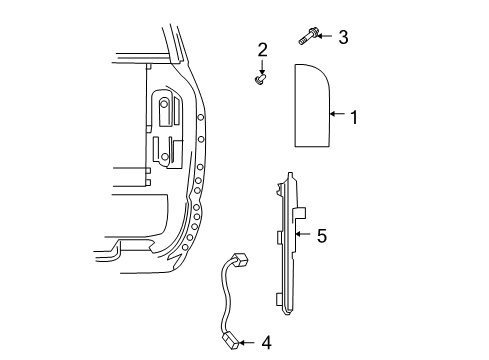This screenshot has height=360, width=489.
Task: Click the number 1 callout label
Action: [352, 117]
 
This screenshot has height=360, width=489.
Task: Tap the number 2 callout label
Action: [263, 50]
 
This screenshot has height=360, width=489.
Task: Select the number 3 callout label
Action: [342, 38]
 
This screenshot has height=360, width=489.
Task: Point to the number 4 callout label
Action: [265, 342]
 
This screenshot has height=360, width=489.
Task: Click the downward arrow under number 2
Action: [263, 65]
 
